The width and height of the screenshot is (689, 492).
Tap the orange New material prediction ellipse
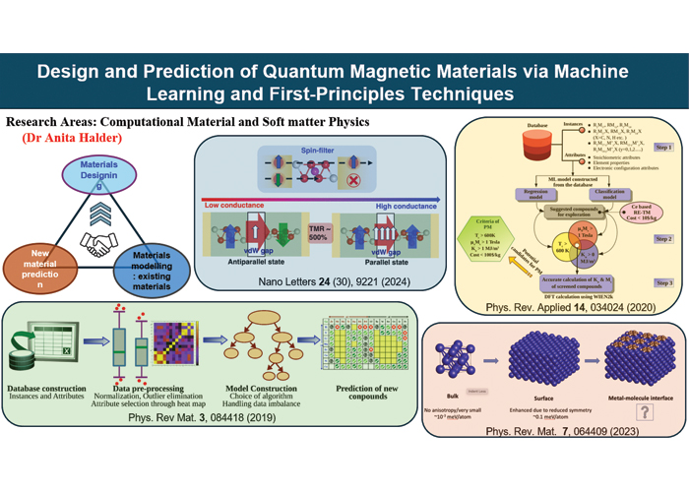coord(39,266)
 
